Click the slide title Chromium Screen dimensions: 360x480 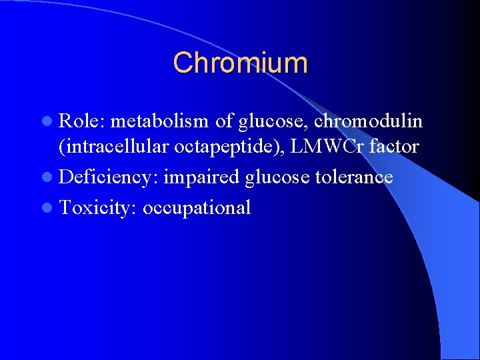coord(240,63)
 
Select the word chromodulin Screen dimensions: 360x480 coord(368,121)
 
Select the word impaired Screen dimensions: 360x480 coord(201,177)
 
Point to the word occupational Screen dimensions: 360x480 coord(197,208)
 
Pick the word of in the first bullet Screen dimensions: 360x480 coord(223,121)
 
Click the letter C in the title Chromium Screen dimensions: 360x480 coord(182,63)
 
